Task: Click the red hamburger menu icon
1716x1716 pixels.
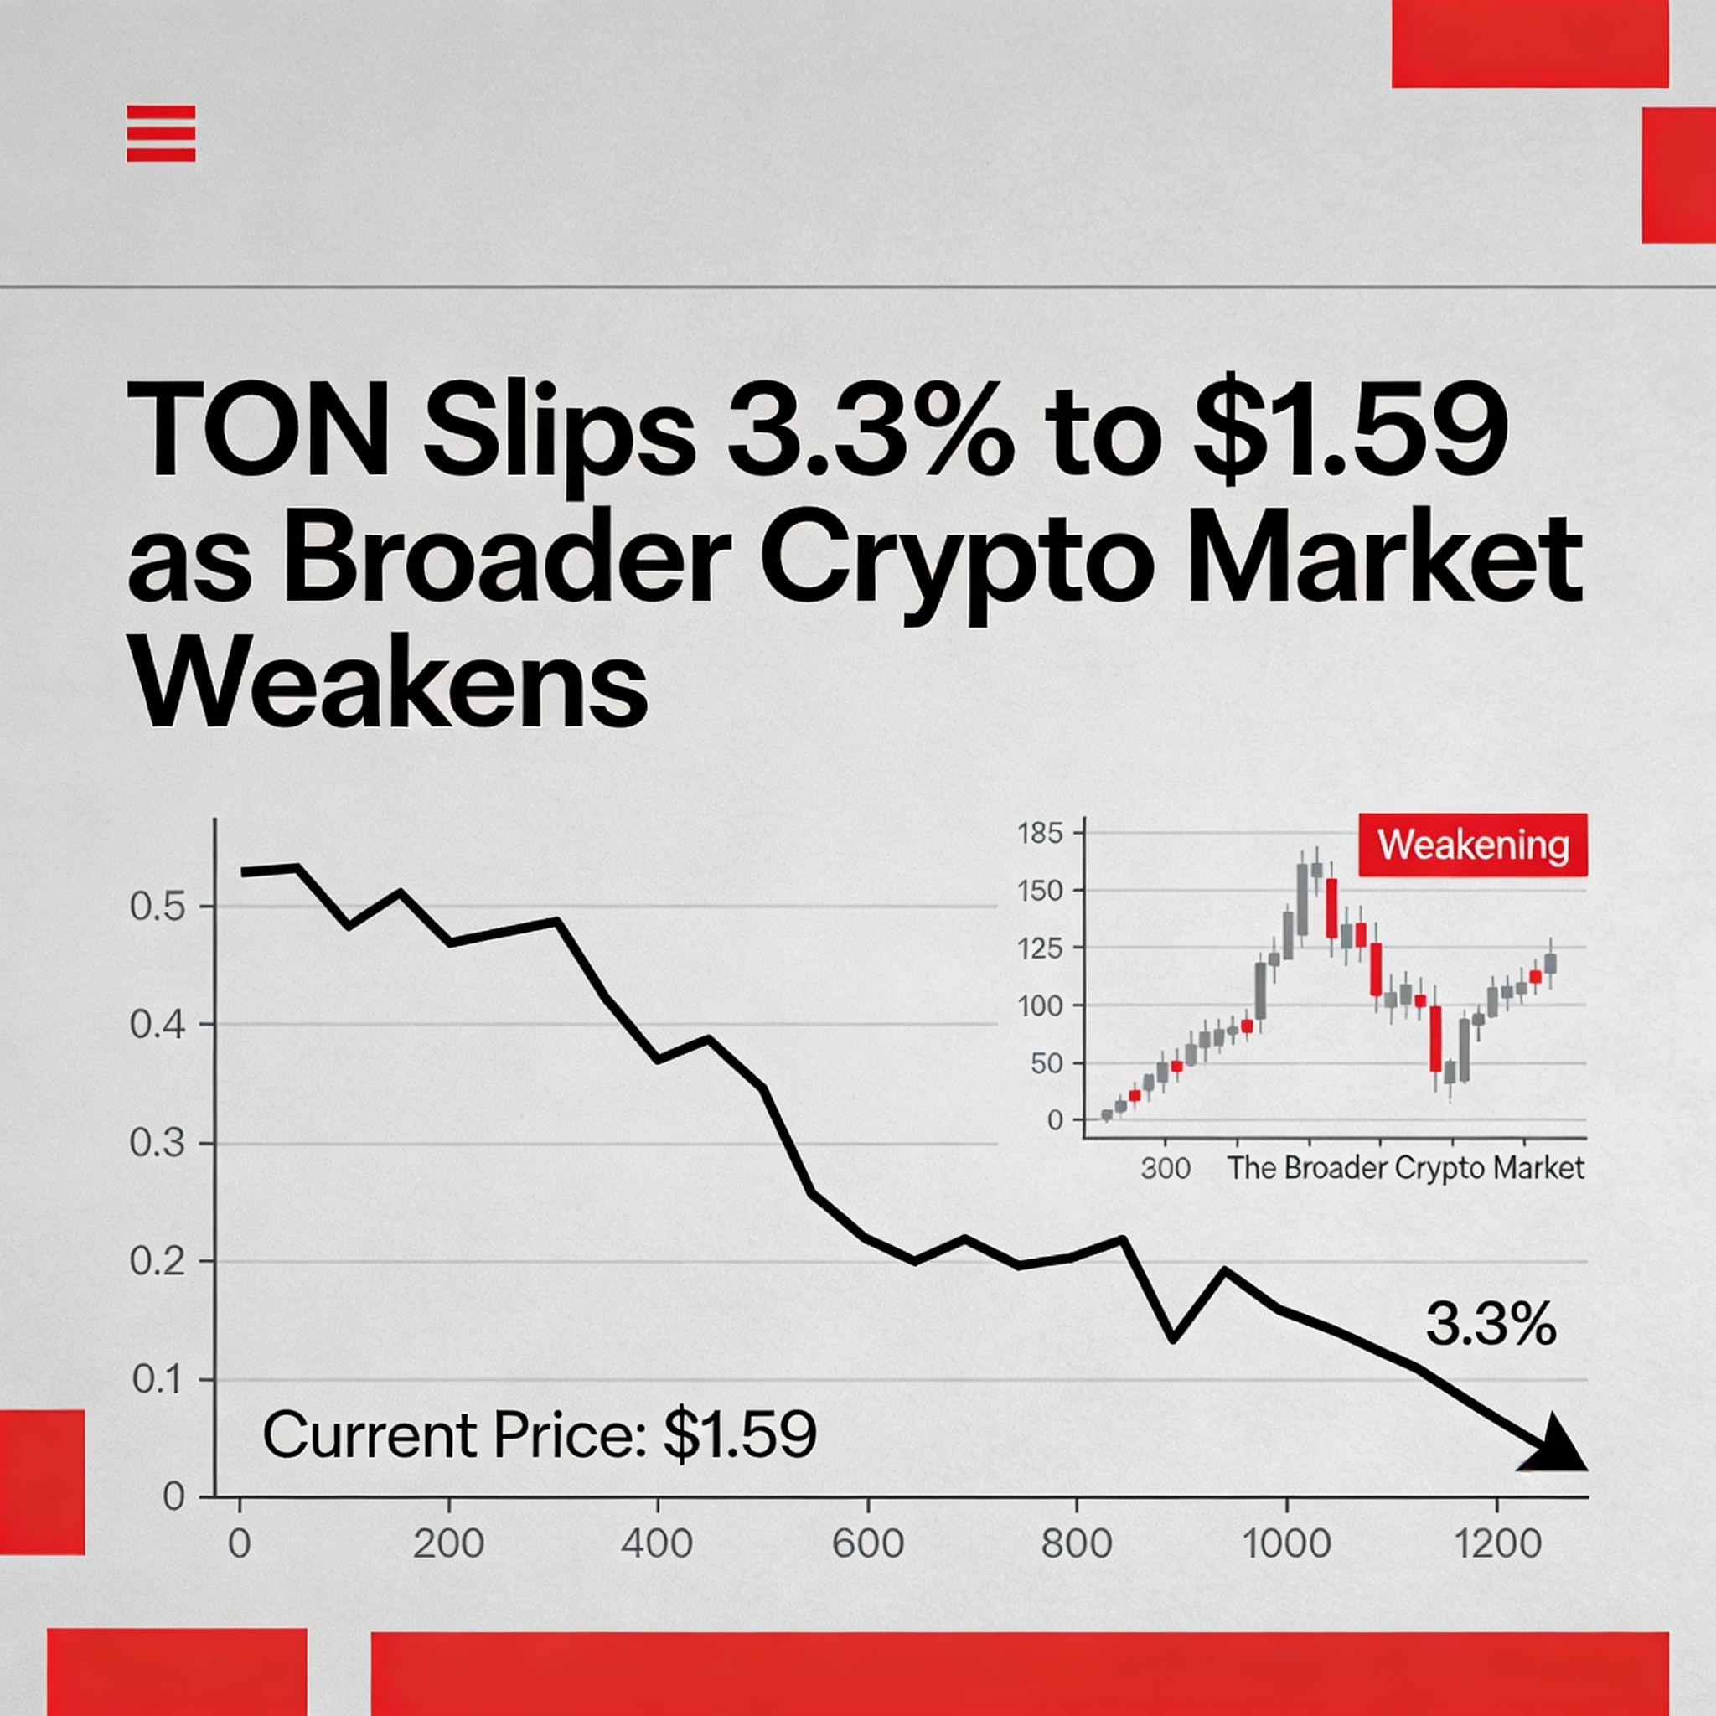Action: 161,133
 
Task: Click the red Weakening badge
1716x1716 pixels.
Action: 1473,845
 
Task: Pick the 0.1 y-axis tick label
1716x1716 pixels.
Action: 158,1380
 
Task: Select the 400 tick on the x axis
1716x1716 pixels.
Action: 657,1544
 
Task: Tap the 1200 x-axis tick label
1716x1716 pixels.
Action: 1497,1544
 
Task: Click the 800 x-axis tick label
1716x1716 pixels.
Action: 1077,1544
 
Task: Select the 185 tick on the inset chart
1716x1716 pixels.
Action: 1040,834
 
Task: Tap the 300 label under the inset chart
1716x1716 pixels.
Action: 1166,1168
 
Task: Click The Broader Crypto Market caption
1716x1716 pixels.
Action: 1405,1168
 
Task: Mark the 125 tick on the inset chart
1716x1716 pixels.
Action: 1040,948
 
